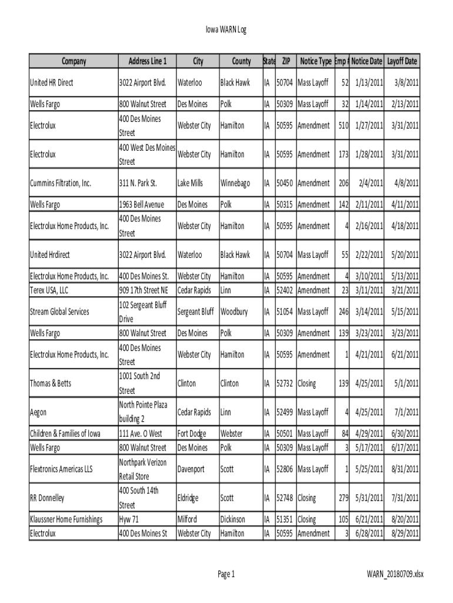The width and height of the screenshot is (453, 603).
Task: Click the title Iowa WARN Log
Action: click(x=226, y=29)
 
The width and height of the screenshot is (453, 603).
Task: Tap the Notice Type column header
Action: click(x=315, y=61)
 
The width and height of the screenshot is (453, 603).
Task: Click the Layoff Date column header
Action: click(x=402, y=61)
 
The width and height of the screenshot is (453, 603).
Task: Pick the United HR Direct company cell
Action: click(x=52, y=82)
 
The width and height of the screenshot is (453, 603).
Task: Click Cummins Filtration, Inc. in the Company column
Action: click(x=61, y=183)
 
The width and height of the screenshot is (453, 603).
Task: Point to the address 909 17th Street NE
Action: click(x=144, y=290)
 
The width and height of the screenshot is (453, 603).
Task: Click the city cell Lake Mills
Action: click(x=190, y=183)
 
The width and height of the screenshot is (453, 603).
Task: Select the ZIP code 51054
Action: click(x=285, y=312)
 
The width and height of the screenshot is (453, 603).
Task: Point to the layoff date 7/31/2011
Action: click(x=404, y=498)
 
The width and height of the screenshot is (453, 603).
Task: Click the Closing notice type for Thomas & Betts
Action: click(x=307, y=383)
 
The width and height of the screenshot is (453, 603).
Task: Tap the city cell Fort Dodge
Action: click(x=192, y=434)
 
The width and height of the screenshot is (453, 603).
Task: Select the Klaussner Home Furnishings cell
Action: click(x=66, y=519)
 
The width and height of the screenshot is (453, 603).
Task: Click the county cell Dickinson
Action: click(x=233, y=519)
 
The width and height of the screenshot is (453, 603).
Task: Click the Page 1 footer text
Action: click(x=226, y=574)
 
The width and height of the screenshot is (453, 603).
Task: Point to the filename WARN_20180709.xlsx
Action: click(x=395, y=574)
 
